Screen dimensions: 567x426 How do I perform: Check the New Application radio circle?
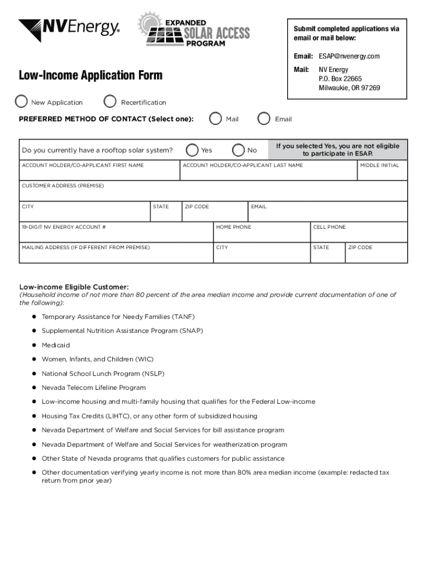coord(21,101)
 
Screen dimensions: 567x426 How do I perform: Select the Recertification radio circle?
coord(111,101)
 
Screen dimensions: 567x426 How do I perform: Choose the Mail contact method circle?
coord(215,118)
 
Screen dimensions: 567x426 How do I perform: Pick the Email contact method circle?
coord(264,118)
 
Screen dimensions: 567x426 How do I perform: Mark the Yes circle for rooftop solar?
coord(193,150)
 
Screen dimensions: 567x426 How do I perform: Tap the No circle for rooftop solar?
coord(238,150)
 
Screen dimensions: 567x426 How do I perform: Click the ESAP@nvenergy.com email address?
coord(349,56)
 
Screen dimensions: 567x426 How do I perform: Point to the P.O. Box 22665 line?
coord(340,79)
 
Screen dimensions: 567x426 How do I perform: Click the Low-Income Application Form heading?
coord(91,75)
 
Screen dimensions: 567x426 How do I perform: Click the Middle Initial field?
coord(382,173)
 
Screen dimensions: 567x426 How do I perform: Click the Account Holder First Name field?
coord(100,173)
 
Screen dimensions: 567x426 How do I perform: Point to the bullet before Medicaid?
coord(34,345)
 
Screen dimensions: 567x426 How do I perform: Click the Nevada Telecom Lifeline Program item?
coord(93,388)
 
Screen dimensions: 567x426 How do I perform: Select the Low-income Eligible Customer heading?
coord(74,287)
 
